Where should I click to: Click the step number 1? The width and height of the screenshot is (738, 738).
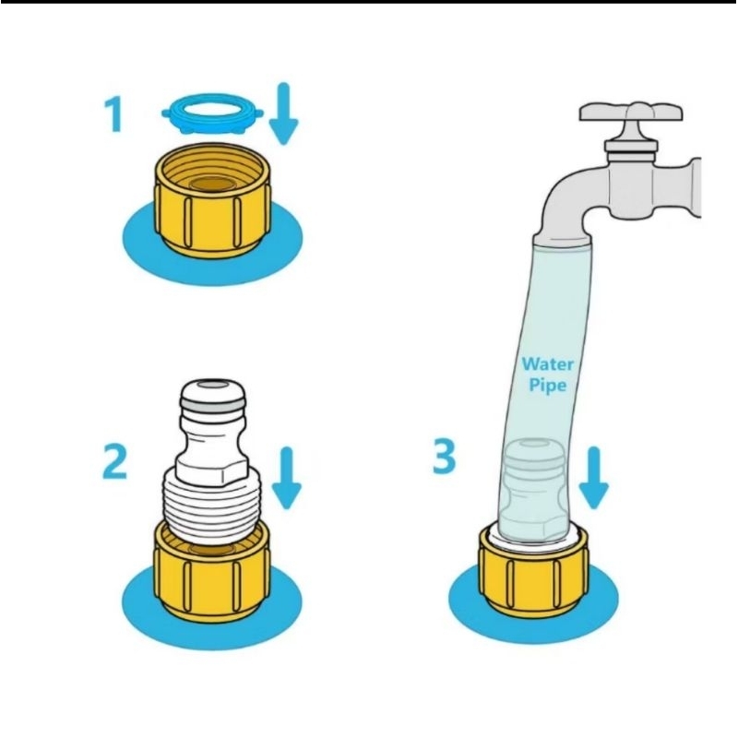point(113,114)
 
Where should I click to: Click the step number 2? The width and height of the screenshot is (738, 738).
point(114,462)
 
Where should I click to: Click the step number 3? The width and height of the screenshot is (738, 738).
point(445,456)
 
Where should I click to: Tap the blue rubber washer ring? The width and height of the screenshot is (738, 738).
point(212,113)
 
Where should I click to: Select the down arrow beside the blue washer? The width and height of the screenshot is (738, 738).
point(284,113)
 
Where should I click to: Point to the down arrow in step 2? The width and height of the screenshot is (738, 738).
point(287,478)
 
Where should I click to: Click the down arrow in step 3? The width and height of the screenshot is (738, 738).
point(593,478)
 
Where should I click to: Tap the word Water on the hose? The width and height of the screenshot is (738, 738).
point(548,363)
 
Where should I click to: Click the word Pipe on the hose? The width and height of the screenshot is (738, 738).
point(547,385)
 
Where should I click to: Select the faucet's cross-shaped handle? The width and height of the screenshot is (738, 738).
point(631,113)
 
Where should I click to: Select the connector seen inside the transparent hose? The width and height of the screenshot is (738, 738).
point(533,490)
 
